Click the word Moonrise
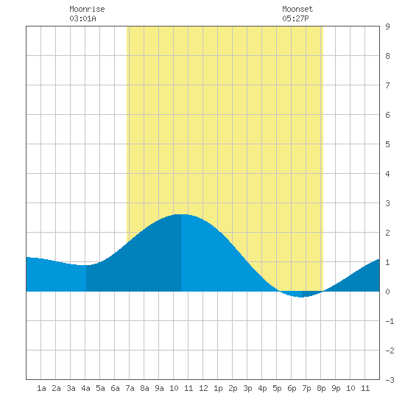point(87,10)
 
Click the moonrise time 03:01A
point(82,18)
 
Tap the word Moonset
point(297,10)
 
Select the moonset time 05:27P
point(295,18)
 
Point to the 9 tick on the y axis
point(387,27)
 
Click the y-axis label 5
point(387,144)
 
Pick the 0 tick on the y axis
point(387,292)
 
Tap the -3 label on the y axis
point(390,380)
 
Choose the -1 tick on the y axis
point(390,321)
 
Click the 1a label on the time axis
point(41,388)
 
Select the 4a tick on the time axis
point(85,388)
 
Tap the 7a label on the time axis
point(130,388)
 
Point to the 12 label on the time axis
point(203,388)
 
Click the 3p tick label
point(247,388)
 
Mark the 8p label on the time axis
point(321,388)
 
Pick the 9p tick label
point(336,388)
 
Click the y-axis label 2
point(387,233)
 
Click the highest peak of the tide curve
point(181,214)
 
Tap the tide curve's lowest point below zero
point(302,297)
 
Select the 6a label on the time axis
point(115,388)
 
